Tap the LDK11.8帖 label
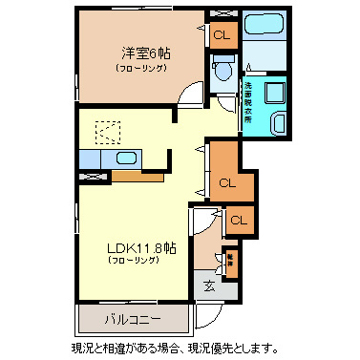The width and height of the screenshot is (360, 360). [141, 247]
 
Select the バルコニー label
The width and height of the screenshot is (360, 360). [134, 316]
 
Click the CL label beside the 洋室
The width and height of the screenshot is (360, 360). [222, 36]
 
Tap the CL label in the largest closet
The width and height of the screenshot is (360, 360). [227, 181]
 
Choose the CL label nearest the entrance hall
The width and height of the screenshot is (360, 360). [239, 221]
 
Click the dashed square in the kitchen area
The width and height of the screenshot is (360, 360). [107, 132]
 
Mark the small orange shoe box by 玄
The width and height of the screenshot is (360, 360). [229, 259]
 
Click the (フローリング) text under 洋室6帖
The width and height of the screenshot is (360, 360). [140, 69]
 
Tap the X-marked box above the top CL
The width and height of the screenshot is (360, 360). [222, 14]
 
